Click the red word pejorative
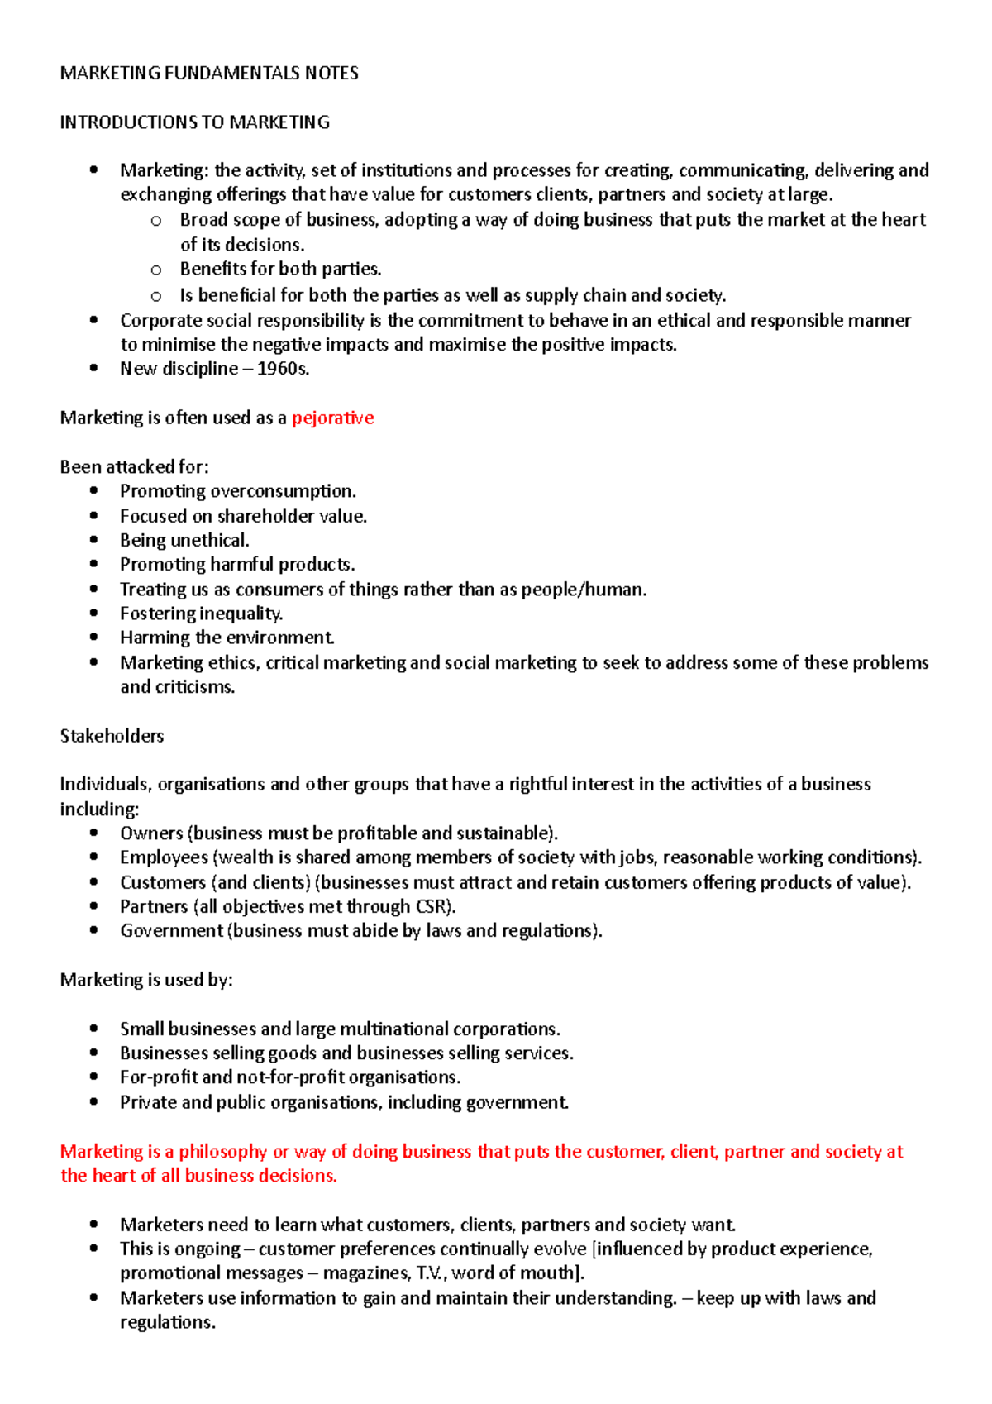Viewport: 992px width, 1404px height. (x=332, y=418)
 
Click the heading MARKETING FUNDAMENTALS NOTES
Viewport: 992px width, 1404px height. (x=209, y=73)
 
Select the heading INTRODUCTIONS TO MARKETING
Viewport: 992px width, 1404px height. (x=194, y=122)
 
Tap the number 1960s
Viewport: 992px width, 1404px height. (x=283, y=369)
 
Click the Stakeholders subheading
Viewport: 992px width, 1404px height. (x=112, y=736)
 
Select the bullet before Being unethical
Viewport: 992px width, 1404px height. (x=94, y=540)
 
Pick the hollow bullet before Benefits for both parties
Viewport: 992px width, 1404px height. (x=156, y=270)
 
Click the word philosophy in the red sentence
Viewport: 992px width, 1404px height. (x=222, y=1151)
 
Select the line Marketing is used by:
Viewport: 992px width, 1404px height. (x=146, y=980)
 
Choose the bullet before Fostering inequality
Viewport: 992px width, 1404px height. (x=94, y=614)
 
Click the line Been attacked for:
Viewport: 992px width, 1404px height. (x=134, y=467)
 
